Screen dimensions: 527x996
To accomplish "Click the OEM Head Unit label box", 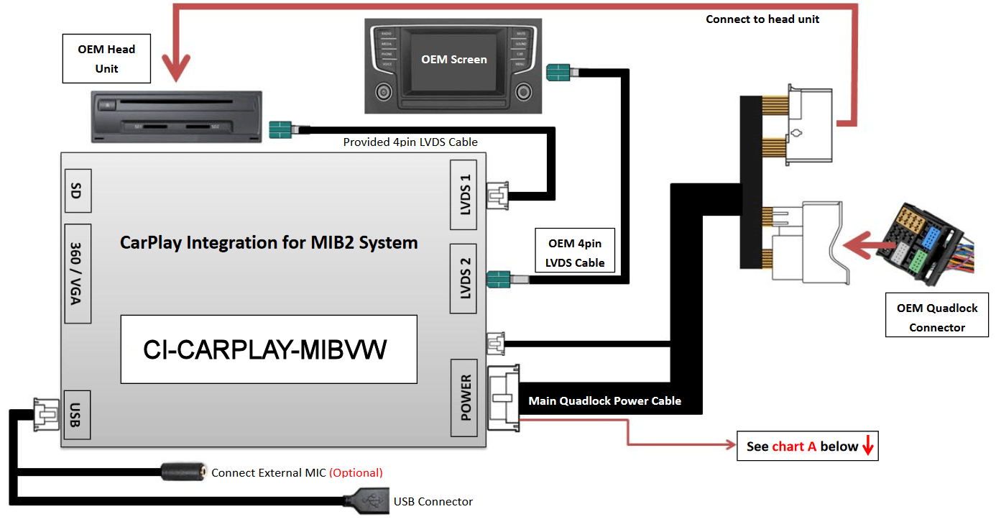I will (106, 59).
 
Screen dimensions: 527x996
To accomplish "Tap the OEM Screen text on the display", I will (453, 60).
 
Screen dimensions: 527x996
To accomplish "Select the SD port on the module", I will (78, 191).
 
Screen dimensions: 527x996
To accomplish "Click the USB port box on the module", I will (78, 415).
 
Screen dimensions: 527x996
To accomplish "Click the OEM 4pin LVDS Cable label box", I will (576, 253).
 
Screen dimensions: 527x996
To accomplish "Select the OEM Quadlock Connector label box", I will (936, 317).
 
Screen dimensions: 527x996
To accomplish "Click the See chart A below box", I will (808, 446).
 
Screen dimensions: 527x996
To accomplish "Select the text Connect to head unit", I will (762, 19).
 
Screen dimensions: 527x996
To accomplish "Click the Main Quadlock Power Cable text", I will (604, 400).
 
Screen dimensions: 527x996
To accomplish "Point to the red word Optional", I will (356, 473).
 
